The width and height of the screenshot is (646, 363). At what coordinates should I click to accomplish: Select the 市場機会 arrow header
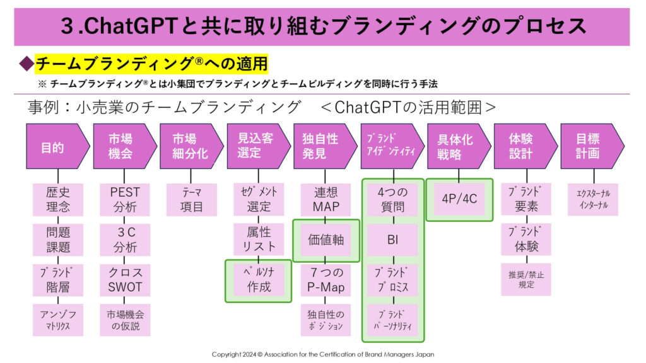122,146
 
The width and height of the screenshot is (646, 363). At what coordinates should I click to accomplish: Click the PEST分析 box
124,199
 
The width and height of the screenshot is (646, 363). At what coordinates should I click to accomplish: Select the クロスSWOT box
124,280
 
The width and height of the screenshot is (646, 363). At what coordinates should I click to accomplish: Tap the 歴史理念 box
58,199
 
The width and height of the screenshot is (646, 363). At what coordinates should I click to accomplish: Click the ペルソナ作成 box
259,280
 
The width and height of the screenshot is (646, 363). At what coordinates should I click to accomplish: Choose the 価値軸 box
326,240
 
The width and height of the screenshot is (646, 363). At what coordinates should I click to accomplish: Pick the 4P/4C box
459,199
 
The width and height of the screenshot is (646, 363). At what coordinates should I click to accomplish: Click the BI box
392,240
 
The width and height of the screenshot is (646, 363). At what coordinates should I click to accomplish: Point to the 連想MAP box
326,199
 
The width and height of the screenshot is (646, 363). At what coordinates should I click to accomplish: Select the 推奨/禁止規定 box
526,280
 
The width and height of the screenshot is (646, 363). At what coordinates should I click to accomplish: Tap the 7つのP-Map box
326,280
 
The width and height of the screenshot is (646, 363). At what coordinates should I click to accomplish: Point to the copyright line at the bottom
322,354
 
